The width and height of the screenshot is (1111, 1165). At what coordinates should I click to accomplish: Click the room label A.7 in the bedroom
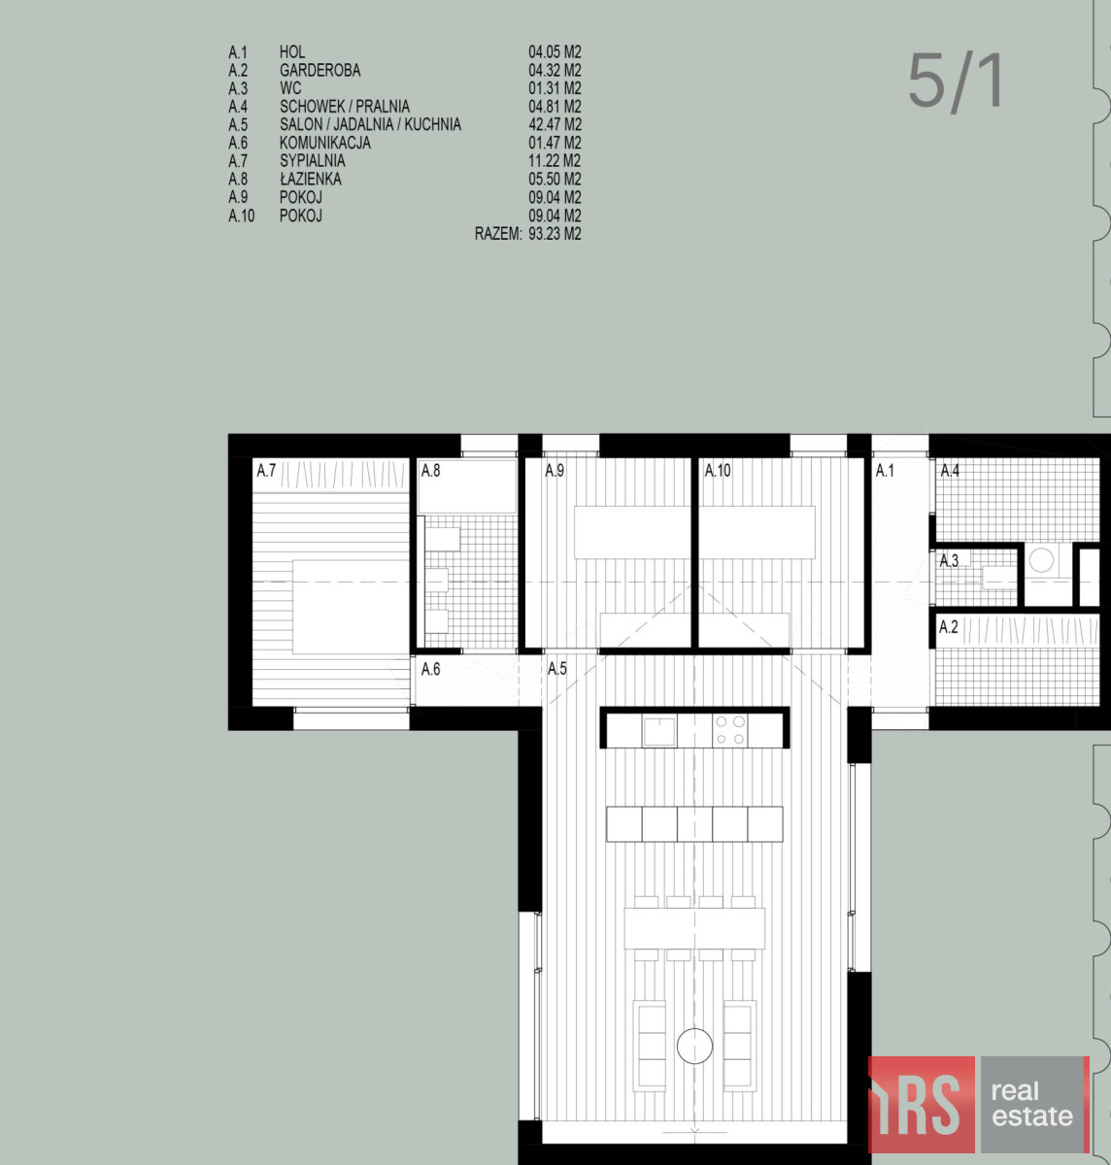click(266, 471)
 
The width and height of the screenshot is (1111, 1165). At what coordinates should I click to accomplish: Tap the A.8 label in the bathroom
click(430, 471)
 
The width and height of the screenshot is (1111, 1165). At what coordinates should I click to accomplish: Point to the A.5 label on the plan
click(556, 669)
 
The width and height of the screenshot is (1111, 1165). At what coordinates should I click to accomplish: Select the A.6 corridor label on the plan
click(430, 669)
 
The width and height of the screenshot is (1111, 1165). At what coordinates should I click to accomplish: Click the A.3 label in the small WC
click(949, 560)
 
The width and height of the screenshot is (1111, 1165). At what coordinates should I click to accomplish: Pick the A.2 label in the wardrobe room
click(949, 627)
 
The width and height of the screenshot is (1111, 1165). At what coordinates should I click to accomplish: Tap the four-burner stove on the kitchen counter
click(729, 730)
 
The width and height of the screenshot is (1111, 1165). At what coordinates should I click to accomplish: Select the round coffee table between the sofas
click(694, 1046)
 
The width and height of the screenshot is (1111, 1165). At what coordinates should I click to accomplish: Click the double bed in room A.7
click(351, 607)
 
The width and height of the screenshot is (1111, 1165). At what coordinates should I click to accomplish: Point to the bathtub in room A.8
click(467, 486)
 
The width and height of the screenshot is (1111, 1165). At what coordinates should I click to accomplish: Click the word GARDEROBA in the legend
click(320, 71)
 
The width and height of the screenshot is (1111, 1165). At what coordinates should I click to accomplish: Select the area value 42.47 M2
click(555, 124)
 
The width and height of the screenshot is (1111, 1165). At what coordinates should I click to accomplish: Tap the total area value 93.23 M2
click(555, 233)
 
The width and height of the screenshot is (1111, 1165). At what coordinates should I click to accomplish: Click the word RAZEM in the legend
click(498, 233)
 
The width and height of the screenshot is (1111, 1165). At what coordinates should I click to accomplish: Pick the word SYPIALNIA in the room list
click(313, 160)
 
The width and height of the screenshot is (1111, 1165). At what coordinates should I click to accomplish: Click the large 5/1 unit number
click(955, 81)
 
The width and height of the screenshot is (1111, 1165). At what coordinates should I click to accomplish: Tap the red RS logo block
click(922, 1105)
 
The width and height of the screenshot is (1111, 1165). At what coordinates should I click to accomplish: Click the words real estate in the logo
click(1032, 1103)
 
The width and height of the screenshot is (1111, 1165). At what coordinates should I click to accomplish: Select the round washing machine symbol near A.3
click(1041, 559)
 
